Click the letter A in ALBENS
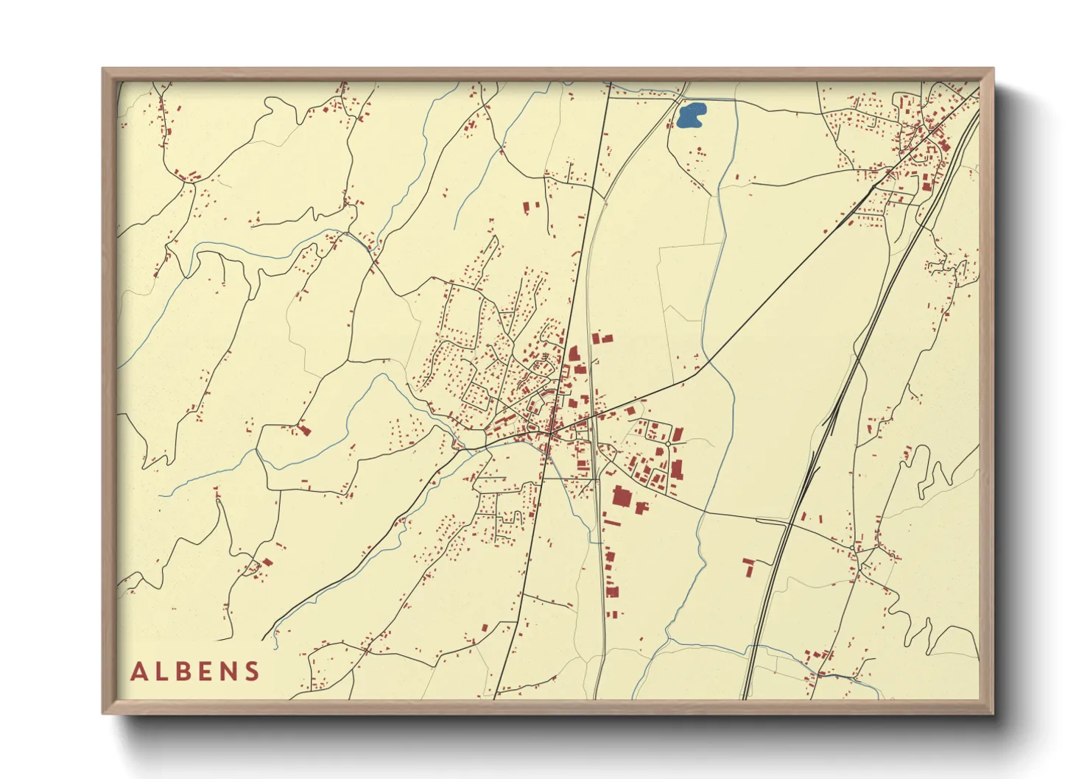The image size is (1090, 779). pos(139,672)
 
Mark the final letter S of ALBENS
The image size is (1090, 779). pos(253,672)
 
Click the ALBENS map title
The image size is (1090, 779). pos(196,672)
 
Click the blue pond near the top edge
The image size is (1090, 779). pos(691,115)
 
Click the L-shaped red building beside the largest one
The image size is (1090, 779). pos(641,507)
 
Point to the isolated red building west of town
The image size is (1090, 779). pos(305,430)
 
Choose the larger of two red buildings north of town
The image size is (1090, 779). pos(527,208)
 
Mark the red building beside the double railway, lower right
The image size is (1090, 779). pos(748,566)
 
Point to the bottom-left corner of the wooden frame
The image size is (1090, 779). pos(104,712)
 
